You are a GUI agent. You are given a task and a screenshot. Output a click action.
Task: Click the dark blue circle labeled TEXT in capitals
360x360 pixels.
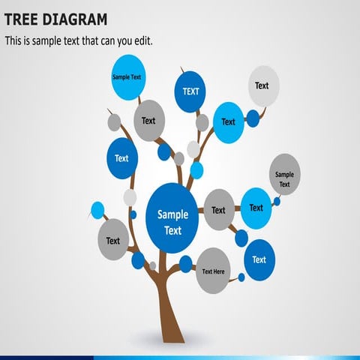pos(190,91)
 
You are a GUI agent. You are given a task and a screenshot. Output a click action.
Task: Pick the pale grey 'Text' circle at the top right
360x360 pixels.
pos(262,85)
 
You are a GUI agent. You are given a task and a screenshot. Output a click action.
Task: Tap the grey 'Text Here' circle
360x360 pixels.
pos(213,271)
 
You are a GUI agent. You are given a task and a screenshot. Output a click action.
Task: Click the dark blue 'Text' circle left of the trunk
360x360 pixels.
pos(121,157)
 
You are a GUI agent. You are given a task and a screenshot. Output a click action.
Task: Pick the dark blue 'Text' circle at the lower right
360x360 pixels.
pos(259,259)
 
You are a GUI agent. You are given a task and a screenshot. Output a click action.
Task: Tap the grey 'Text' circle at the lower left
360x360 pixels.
pos(113,240)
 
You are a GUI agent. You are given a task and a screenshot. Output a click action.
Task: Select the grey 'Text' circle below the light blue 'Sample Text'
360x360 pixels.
pos(148,120)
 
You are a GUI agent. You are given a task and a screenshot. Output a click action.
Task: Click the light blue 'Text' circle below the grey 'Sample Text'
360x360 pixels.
pos(256,208)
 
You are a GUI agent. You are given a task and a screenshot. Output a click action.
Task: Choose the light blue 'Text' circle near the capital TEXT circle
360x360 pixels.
pos(228,122)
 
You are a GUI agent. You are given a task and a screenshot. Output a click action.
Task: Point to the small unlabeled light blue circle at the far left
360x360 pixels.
pos(97,209)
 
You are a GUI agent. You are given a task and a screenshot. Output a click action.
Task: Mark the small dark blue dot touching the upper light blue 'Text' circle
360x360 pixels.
pos(253,118)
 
